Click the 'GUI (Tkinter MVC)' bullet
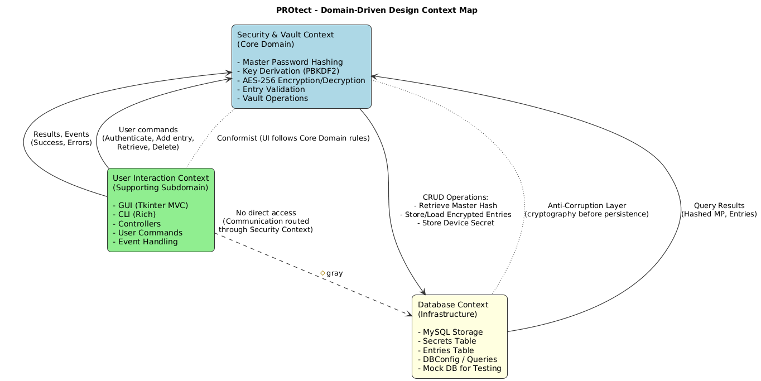[x=150, y=205]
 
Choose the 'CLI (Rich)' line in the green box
[x=137, y=214]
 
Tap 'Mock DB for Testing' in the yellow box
[x=459, y=368]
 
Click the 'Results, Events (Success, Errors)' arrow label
[x=61, y=138]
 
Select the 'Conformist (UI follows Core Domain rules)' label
[x=293, y=138]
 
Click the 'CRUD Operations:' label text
[x=455, y=197]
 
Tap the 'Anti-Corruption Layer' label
[x=586, y=205]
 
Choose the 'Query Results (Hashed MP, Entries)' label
[x=719, y=210]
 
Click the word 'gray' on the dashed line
[x=334, y=273]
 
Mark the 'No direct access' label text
[x=266, y=213]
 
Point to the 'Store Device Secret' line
[x=455, y=223]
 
